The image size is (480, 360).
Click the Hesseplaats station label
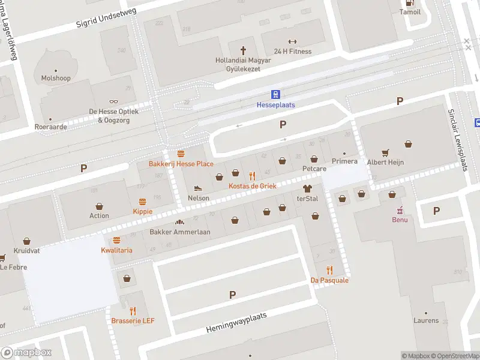coord(276,105)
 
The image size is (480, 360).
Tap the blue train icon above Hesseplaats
coord(276,94)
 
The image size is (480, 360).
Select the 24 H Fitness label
coord(293,52)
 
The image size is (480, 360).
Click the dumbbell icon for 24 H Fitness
coord(293,41)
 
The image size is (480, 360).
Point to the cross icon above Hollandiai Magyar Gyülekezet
coord(244,50)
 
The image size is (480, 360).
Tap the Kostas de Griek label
coord(253,186)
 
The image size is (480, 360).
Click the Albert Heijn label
coord(385,162)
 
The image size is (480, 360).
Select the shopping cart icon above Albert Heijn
coord(385,152)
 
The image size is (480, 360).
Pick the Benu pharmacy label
coord(400,220)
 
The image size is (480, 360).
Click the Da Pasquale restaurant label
coord(329,280)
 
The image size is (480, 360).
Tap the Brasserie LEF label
coord(133,321)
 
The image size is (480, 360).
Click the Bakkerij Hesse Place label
coord(181,164)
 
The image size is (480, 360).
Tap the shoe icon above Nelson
coord(199,188)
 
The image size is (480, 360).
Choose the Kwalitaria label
coord(116,250)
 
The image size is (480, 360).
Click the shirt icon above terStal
coord(307,188)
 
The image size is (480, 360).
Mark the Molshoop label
coord(56,78)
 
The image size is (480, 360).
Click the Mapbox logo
coord(26,353)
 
